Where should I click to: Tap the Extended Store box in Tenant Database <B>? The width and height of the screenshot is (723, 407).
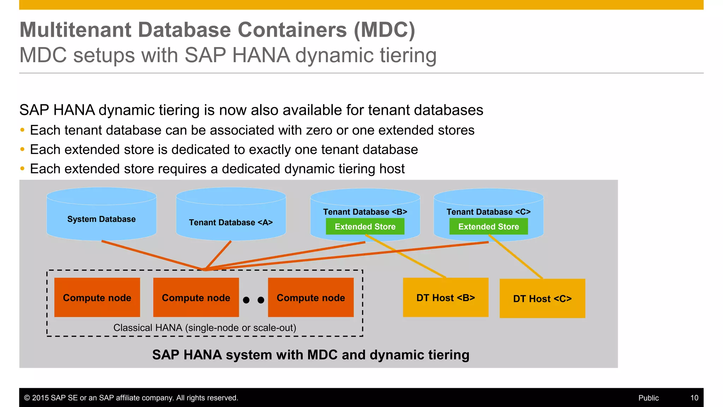[365, 226]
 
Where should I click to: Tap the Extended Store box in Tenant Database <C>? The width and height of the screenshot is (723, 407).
[489, 226]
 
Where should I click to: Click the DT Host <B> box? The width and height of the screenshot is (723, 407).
[446, 297]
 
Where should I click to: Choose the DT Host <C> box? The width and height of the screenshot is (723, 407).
[542, 299]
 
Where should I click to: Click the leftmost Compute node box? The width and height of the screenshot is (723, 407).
[97, 297]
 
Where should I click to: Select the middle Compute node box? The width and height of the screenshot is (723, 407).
[196, 297]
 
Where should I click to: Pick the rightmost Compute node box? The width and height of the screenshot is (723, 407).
[311, 297]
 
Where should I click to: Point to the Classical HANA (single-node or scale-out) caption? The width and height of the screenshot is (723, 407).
[205, 328]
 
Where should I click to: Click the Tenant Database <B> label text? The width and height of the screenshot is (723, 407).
[365, 212]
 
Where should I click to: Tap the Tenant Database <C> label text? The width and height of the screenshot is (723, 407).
[489, 212]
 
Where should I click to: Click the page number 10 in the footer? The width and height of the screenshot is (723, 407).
[694, 398]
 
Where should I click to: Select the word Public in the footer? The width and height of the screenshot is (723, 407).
[649, 398]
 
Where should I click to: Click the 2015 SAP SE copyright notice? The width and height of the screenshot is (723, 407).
[131, 398]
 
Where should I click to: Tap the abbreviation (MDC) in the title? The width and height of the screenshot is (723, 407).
[384, 30]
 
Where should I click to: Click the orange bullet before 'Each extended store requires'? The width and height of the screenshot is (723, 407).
[22, 169]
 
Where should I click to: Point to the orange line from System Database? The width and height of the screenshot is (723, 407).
[152, 255]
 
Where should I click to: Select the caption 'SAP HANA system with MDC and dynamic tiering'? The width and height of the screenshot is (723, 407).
[311, 355]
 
